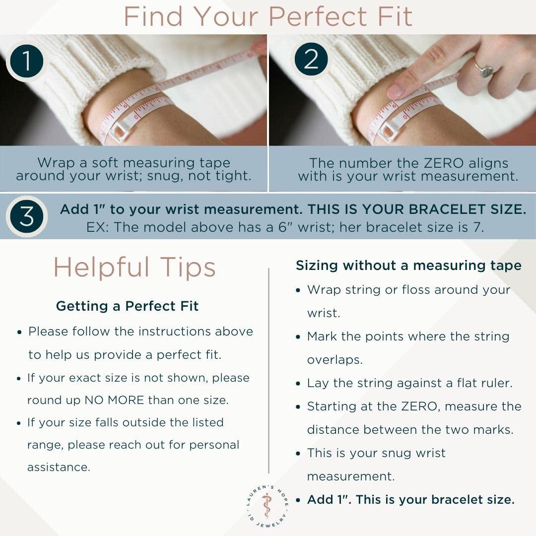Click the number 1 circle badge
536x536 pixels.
(27, 61)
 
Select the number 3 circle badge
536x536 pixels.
(27, 216)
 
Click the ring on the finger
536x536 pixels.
(483, 68)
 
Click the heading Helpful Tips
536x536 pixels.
(134, 268)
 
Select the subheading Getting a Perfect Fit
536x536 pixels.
(127, 306)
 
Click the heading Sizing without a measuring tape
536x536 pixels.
(408, 266)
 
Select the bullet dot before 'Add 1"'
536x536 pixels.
(298, 500)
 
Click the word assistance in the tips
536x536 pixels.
(59, 467)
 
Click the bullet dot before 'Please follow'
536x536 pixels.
(19, 332)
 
